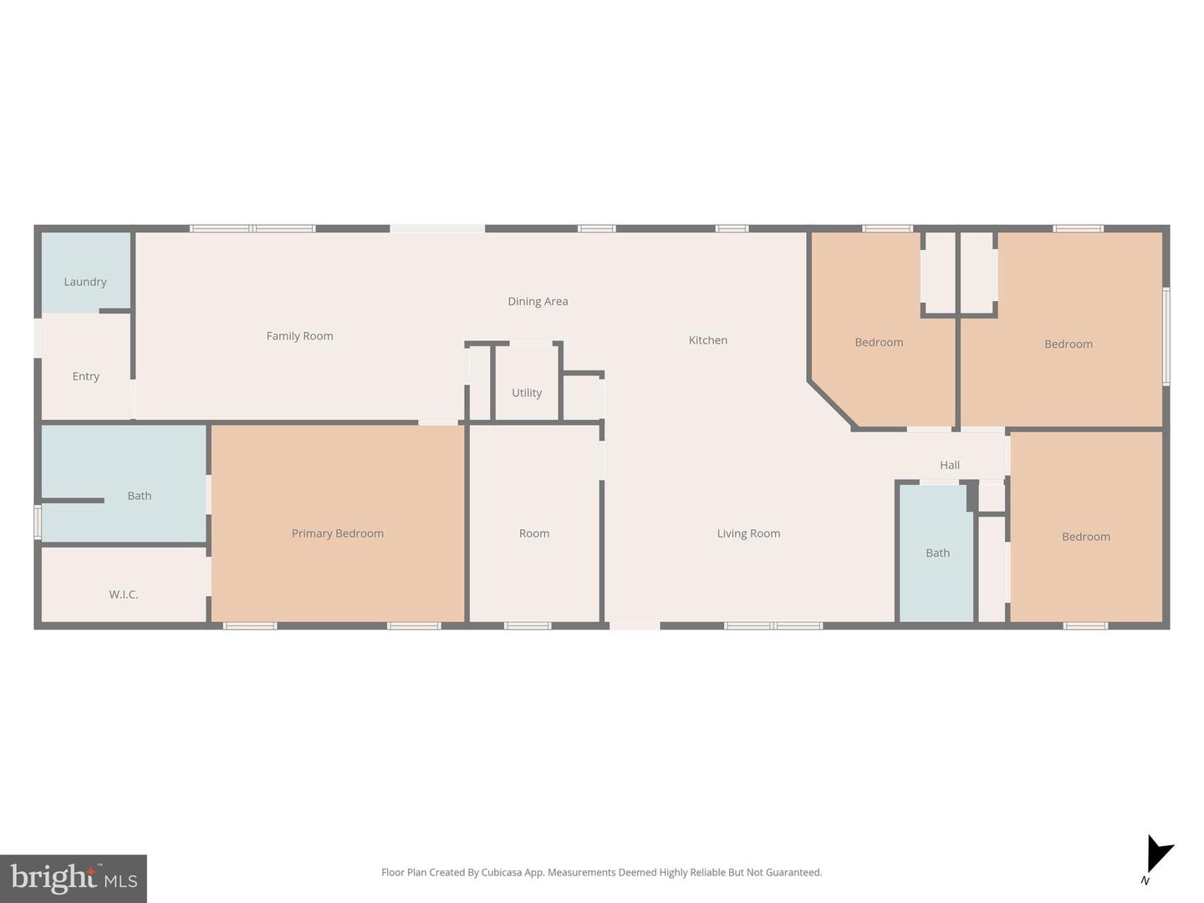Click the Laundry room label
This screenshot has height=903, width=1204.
click(85, 282)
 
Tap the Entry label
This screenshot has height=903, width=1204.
click(85, 376)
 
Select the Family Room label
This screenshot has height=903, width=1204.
click(299, 336)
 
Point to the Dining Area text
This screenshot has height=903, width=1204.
click(538, 301)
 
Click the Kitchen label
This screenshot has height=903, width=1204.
click(707, 340)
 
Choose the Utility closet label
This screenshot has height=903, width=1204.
click(527, 393)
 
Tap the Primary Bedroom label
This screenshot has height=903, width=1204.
click(337, 533)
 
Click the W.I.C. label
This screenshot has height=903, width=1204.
click(124, 594)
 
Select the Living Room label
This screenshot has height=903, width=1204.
click(748, 533)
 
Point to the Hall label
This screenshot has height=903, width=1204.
click(950, 465)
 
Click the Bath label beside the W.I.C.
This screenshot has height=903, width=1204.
click(140, 496)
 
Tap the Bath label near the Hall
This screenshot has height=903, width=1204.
click(937, 553)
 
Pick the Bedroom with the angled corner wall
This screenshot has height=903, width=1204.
click(879, 342)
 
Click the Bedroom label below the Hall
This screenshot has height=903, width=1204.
click(1085, 537)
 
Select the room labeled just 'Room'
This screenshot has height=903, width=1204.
click(533, 533)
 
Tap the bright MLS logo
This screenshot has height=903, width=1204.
click(74, 878)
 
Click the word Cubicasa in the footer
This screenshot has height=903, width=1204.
click(502, 872)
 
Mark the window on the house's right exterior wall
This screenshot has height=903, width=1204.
click(1166, 335)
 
